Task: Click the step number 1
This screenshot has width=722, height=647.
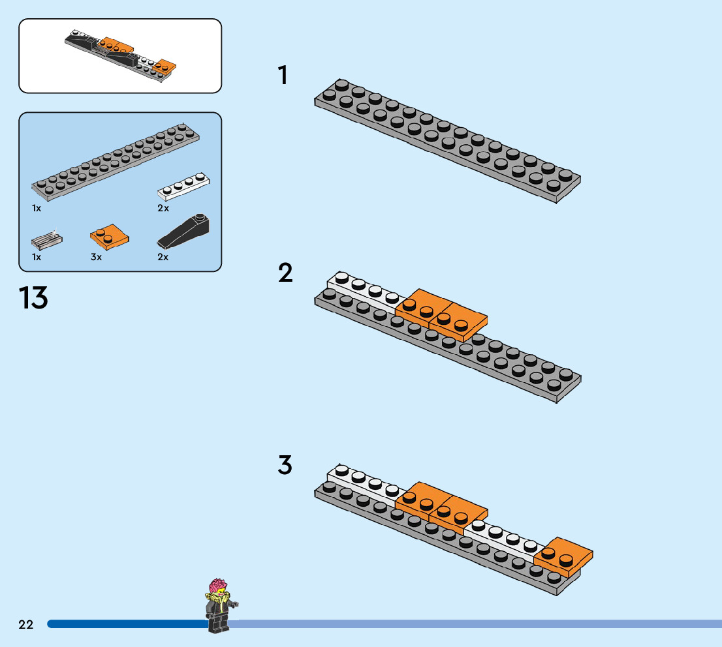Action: point(283,76)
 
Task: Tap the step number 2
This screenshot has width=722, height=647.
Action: point(285,273)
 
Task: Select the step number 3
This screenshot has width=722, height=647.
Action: point(285,466)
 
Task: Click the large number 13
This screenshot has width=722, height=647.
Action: point(33,298)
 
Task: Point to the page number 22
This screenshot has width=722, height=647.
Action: point(25,624)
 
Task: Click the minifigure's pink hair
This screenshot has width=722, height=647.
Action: point(218,584)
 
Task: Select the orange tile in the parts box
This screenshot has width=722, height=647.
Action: point(109,237)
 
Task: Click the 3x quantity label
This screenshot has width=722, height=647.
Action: point(96,257)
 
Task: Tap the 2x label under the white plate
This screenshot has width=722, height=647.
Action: point(163,208)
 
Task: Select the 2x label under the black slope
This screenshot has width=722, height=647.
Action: point(163,257)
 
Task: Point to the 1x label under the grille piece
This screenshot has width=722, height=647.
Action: point(37,257)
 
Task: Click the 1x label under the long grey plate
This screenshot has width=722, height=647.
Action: point(37,208)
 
